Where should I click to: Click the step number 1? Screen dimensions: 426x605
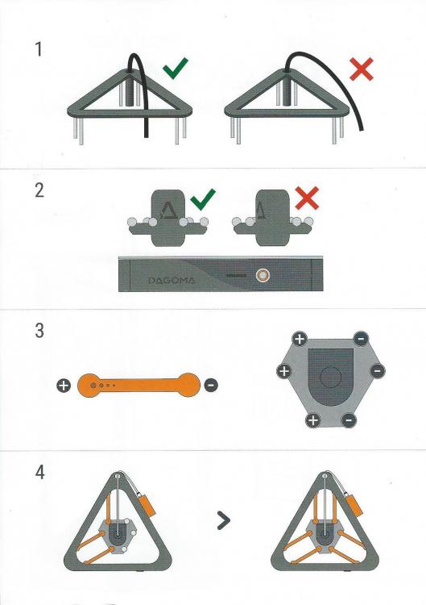tap(38, 49)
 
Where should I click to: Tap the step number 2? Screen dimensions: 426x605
tap(39, 190)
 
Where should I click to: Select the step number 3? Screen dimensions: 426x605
tap(39, 331)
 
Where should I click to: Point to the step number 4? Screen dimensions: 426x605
tap(39, 472)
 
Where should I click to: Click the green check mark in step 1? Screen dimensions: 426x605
tap(175, 69)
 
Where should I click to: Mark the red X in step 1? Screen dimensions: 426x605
tap(362, 69)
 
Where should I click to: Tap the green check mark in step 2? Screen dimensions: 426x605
tap(203, 199)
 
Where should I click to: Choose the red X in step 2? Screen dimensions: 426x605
tap(307, 198)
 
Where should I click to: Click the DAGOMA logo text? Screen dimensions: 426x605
tap(172, 281)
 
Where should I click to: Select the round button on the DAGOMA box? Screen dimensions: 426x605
tap(263, 276)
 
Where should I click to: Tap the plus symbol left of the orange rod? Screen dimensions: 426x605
tap(64, 385)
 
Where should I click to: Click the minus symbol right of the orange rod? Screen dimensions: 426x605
tap(211, 385)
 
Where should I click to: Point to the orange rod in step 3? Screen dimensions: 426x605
tap(139, 385)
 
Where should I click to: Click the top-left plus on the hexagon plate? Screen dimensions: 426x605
tap(300, 339)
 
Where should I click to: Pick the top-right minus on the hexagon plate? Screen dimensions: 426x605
tap(361, 339)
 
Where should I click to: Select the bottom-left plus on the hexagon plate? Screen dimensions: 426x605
tap(313, 420)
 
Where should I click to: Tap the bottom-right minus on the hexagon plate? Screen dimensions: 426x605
tap(349, 419)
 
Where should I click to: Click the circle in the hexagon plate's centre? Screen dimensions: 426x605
tap(331, 376)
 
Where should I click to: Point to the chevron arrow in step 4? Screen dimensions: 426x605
tap(224, 520)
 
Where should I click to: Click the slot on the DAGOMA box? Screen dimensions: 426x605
tap(236, 276)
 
